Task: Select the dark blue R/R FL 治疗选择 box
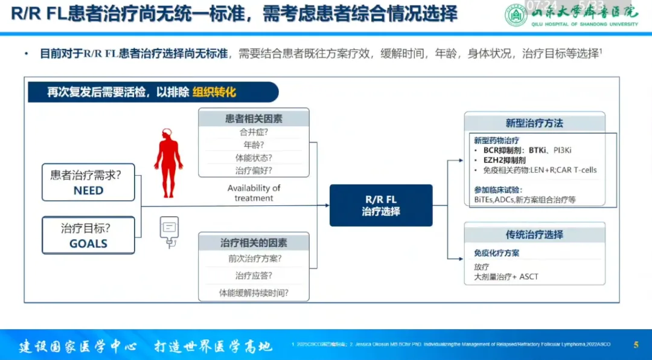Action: pos(381,205)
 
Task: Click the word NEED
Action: pos(88,190)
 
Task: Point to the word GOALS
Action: pos(88,244)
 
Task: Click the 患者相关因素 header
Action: pos(254,119)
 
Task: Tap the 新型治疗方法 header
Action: pos(534,123)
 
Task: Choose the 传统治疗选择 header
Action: pos(534,234)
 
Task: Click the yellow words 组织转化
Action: pos(214,92)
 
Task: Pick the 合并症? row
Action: pos(254,132)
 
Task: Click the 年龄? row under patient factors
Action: pos(254,145)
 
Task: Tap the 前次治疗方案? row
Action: pos(254,259)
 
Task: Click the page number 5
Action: pos(636,345)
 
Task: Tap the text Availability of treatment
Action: pos(254,193)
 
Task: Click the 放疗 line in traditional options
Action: pos(482,266)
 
